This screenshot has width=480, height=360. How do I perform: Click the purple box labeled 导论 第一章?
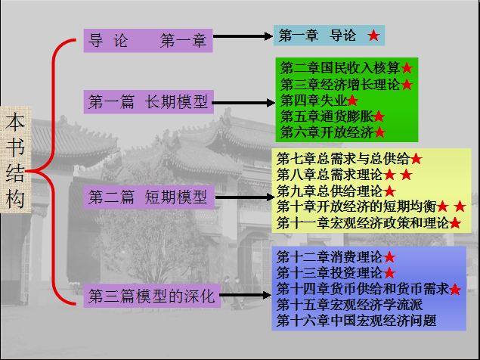click(x=147, y=41)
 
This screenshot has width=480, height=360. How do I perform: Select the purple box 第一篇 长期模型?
click(x=147, y=101)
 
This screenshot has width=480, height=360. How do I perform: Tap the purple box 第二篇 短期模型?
click(x=147, y=198)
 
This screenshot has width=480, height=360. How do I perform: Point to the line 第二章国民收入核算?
click(x=340, y=68)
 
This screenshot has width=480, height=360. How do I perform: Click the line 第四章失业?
click(x=313, y=100)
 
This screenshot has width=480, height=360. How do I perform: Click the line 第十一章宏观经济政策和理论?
click(x=362, y=222)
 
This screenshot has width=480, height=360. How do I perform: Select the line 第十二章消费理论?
click(x=330, y=256)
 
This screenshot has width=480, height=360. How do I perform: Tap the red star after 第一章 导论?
click(x=373, y=36)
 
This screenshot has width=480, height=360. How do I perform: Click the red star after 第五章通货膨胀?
click(x=379, y=116)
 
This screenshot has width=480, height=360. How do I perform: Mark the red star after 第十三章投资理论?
click(x=390, y=272)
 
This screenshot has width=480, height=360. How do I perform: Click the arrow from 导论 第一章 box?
click(x=241, y=36)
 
